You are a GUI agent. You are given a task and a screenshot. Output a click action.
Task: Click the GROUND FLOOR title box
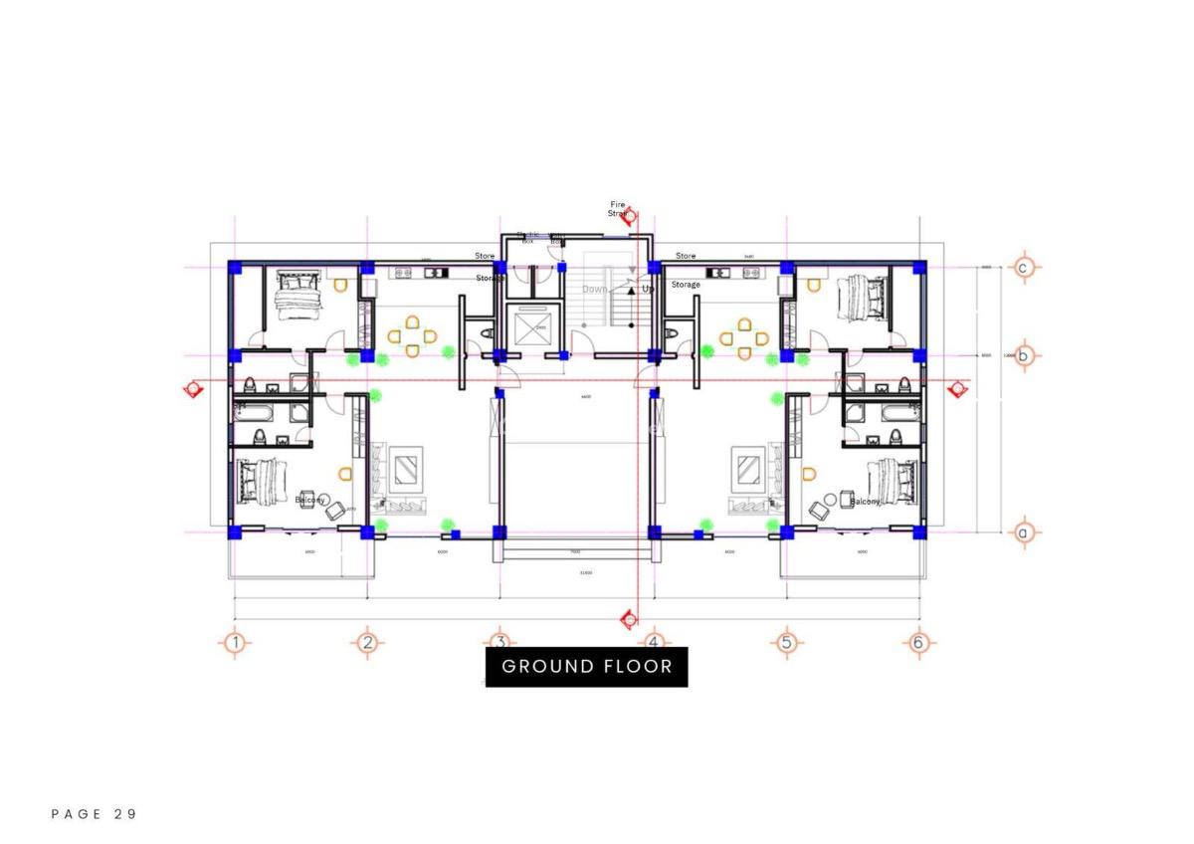point(586,666)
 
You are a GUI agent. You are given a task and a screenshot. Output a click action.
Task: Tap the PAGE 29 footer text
point(94,814)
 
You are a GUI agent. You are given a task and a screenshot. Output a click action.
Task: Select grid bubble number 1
point(235,643)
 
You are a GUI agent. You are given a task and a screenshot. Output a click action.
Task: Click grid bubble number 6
point(918,643)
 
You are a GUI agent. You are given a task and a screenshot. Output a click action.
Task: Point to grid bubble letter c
point(1023,267)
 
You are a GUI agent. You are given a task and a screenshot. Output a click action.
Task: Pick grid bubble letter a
point(1023,532)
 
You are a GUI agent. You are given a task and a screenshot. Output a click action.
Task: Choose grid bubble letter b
point(1023,355)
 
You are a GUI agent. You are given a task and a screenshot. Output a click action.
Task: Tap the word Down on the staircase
point(595,289)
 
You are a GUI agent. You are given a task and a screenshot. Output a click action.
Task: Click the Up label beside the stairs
point(648,289)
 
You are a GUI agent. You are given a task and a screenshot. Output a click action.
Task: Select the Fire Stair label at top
point(618,208)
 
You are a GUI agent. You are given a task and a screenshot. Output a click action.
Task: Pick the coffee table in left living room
point(407,469)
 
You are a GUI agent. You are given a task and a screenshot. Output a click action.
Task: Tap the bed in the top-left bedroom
point(296,295)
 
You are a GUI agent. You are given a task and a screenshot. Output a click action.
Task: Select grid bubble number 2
point(367,643)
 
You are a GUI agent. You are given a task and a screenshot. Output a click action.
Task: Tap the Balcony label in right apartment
point(866,502)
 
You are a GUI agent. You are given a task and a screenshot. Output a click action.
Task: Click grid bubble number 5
point(786,643)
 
